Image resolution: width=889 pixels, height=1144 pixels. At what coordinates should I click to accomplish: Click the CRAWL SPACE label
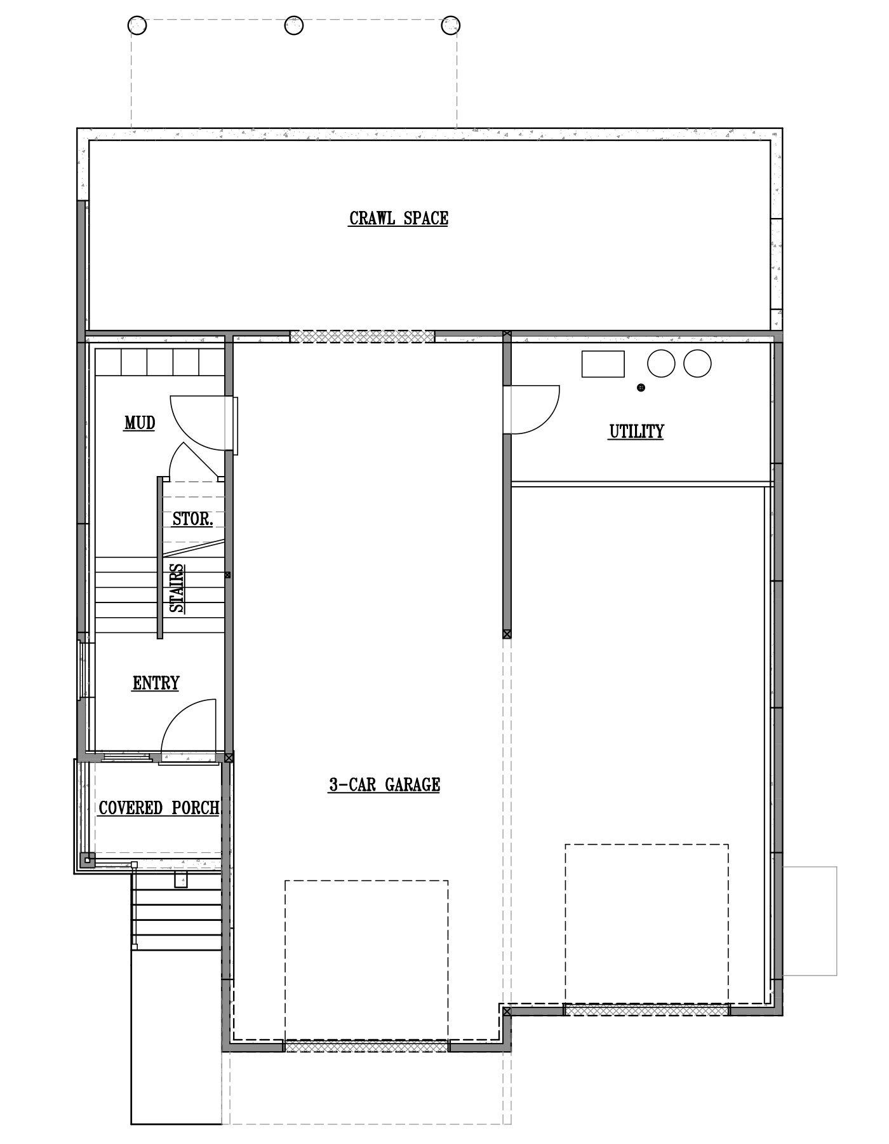[x=398, y=218]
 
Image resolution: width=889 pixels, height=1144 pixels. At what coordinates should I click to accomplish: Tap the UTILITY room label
[x=636, y=432]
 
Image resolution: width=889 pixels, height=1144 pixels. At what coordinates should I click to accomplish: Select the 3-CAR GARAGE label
[x=384, y=785]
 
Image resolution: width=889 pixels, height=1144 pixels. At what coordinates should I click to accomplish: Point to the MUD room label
[x=140, y=423]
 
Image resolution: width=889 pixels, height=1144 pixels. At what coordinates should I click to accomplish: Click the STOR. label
[x=193, y=519]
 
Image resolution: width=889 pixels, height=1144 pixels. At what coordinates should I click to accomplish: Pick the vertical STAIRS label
[x=178, y=588]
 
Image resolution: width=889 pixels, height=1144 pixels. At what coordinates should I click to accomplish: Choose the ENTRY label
[x=156, y=683]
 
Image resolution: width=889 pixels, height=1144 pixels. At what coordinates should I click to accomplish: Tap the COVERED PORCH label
[x=159, y=808]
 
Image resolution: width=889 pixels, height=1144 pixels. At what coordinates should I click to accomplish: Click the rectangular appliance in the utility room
[x=603, y=364]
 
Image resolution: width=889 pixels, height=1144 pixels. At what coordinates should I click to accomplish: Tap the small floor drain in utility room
[x=641, y=387]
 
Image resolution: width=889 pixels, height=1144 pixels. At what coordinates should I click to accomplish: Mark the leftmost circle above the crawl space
[x=137, y=25]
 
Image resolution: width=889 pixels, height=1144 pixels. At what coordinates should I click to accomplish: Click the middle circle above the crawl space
[x=293, y=25]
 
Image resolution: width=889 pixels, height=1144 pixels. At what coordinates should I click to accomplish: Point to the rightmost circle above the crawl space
[x=450, y=25]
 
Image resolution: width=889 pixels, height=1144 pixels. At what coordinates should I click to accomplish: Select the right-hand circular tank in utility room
[x=697, y=364]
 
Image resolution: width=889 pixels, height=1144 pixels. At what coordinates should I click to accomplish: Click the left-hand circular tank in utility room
[x=661, y=364]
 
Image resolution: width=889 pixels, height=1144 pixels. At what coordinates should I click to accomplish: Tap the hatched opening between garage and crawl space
[x=363, y=336]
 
